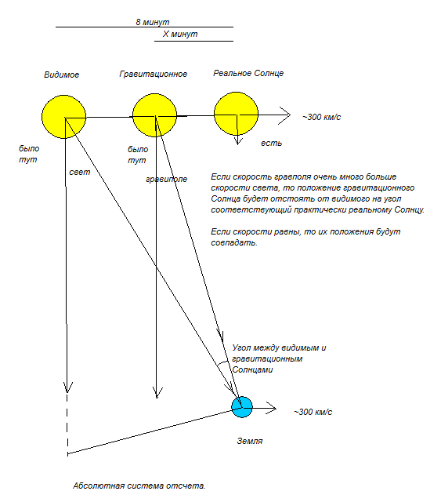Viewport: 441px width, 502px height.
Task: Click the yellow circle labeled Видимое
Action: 64,117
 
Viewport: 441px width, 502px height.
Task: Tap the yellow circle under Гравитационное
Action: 155,115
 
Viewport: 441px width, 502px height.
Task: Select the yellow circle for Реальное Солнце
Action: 236,114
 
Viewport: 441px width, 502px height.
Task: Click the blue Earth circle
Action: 242,407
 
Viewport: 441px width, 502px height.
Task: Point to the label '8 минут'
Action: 153,22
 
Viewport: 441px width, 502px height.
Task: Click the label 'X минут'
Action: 180,34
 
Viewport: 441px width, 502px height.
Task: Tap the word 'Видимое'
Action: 61,75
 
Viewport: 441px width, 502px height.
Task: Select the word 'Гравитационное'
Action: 154,74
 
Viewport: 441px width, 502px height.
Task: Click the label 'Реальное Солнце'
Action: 248,73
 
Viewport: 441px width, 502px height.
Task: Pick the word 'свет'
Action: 80,173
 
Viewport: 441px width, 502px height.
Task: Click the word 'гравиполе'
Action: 166,180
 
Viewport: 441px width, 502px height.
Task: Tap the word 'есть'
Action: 272,143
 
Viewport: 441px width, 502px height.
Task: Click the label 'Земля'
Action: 249,441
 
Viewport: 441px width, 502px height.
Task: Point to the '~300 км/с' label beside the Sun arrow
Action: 322,117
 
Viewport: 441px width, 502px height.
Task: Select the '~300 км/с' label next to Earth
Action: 313,412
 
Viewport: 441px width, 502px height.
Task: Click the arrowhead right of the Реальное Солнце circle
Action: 285,115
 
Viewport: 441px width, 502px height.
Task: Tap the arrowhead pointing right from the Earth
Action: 271,408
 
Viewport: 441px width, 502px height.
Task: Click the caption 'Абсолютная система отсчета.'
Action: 139,486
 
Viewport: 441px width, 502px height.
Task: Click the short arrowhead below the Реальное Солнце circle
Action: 237,140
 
